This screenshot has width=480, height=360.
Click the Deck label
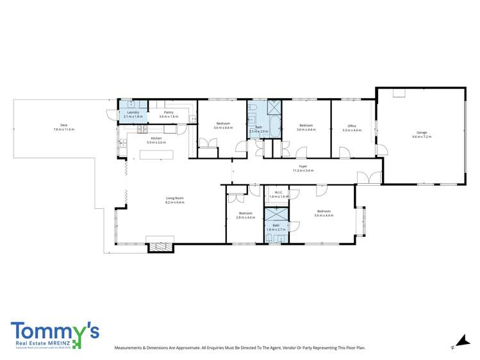point(64,125)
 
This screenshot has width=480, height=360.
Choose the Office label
point(352,126)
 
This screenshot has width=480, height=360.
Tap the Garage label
point(421,132)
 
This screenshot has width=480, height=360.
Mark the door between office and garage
point(382,149)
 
